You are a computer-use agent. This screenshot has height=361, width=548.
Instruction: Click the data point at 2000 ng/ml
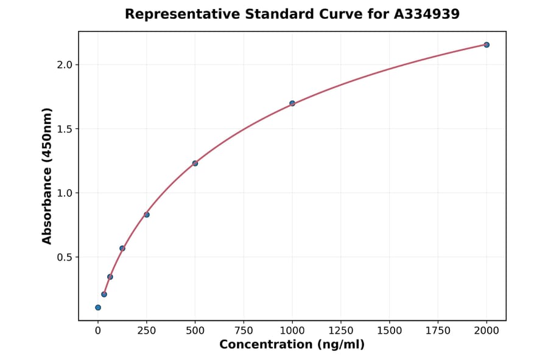[x=487, y=45]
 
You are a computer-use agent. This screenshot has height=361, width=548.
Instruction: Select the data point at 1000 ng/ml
[x=292, y=103]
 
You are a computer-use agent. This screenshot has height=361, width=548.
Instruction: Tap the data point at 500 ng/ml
[x=195, y=163]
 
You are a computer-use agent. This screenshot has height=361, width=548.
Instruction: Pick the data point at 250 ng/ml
[x=147, y=215]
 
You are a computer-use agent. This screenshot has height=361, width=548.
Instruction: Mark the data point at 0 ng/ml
[x=98, y=308]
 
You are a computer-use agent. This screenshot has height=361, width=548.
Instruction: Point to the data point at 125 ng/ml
[x=122, y=249]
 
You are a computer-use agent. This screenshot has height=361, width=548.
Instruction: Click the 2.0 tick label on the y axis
[x=64, y=65]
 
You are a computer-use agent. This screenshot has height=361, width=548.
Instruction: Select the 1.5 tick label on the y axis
[x=64, y=129]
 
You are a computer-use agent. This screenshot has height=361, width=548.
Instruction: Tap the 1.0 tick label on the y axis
[x=64, y=193]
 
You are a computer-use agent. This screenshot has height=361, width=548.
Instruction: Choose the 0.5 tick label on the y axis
[x=64, y=257]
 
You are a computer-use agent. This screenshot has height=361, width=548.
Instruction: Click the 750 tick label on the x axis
[x=244, y=331]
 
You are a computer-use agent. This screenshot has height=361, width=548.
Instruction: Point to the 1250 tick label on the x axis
[x=341, y=331]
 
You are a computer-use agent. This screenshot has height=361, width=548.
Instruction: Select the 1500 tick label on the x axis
[x=390, y=331]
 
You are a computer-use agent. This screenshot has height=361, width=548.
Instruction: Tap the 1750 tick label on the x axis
[x=438, y=331]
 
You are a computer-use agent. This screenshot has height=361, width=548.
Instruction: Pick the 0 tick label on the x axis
[x=98, y=331]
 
